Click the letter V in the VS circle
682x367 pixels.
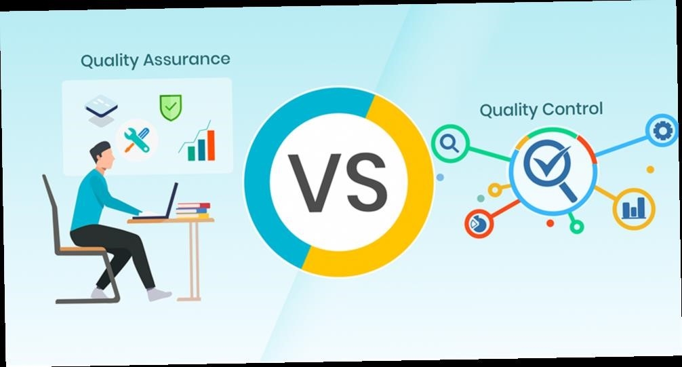click(x=314, y=182)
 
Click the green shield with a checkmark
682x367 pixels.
click(x=171, y=107)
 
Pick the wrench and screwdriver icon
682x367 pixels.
click(x=136, y=140)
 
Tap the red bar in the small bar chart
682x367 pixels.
click(x=211, y=145)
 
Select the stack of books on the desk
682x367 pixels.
click(x=193, y=210)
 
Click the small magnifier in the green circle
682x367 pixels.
click(x=449, y=143)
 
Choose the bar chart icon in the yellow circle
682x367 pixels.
click(x=634, y=208)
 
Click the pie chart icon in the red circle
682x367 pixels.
click(x=479, y=224)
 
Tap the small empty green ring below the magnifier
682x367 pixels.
click(x=576, y=227)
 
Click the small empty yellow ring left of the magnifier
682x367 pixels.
click(x=494, y=190)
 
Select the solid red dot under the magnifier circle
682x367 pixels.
click(x=550, y=223)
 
